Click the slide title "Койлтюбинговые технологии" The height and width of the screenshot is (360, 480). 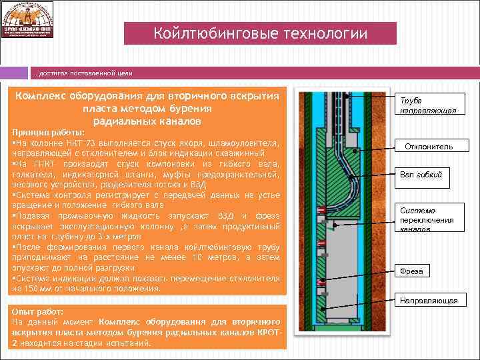pos(261,33)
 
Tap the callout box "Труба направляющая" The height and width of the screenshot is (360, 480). pos(428,105)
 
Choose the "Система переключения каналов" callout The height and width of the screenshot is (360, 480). pos(427,219)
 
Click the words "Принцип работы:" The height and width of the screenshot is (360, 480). pos(47,132)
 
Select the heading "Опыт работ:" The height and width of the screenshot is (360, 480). pos(38,311)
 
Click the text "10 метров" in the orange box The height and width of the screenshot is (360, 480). pos(194,257)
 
